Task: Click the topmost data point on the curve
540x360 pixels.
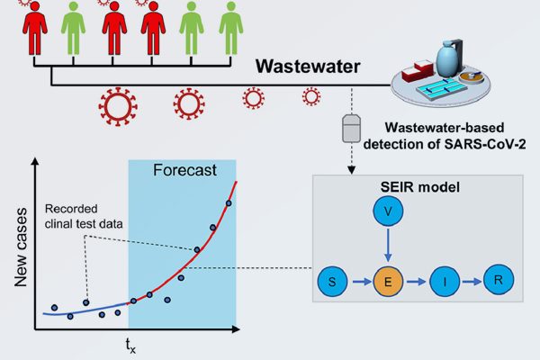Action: tap(229, 203)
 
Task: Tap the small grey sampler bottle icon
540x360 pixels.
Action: tap(350, 127)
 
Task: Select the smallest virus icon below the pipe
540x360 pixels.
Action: tap(310, 95)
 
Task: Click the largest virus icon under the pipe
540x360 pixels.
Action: tap(117, 106)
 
